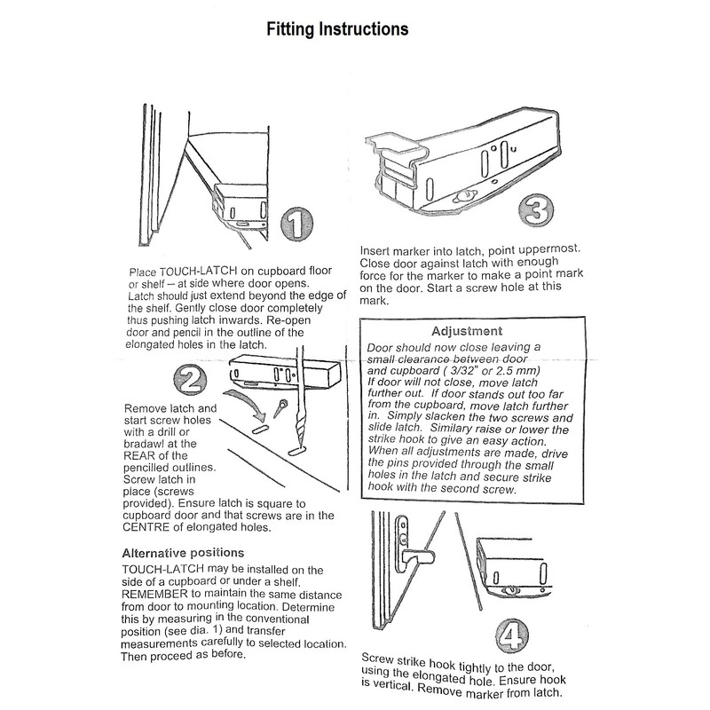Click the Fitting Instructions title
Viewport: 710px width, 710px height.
(338, 29)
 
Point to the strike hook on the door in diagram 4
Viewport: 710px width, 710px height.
(414, 557)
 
